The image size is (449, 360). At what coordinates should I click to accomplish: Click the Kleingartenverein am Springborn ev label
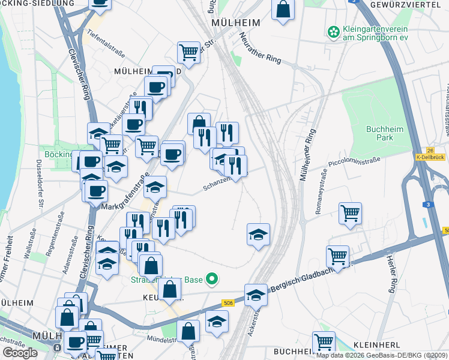pos(375,33)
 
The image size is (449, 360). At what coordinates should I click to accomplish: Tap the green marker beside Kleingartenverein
pos(332,31)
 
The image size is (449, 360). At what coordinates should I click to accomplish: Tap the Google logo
pos(20,352)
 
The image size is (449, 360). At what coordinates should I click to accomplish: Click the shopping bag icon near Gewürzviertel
pos(283,10)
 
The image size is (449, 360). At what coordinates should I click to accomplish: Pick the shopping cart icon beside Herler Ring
pos(337,256)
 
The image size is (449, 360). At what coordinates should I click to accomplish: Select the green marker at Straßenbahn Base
pos(211,279)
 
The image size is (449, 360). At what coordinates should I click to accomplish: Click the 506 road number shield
pos(227,303)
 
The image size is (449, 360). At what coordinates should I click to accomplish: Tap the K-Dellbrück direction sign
pos(430,157)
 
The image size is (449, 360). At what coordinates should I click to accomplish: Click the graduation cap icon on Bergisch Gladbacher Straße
pos(256,295)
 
